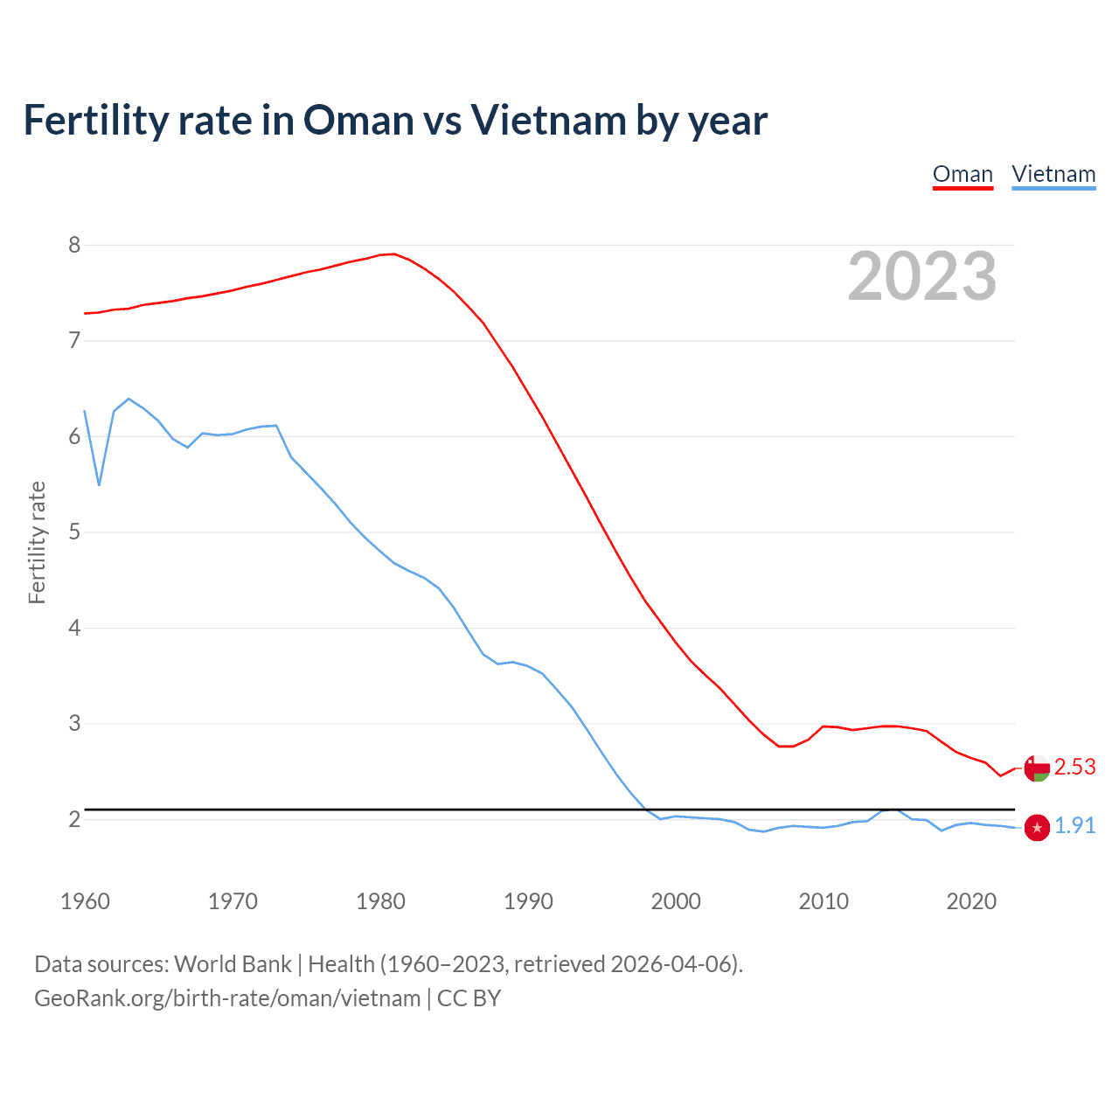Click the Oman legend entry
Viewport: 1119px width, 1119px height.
click(963, 174)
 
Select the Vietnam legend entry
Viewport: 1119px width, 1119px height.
click(1053, 174)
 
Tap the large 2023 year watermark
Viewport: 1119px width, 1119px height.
click(921, 276)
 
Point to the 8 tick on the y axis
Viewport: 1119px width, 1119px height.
click(74, 245)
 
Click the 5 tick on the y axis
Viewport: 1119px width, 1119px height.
click(74, 532)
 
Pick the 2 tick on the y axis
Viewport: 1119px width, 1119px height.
click(74, 819)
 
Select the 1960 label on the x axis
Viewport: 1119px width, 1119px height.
click(85, 901)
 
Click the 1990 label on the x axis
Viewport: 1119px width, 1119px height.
click(528, 901)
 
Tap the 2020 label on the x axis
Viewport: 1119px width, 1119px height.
click(971, 901)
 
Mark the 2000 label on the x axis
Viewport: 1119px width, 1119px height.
click(676, 901)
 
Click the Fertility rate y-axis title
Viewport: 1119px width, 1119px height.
click(37, 542)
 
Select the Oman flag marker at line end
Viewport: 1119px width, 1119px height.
click(1037, 768)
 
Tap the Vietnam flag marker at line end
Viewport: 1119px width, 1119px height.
click(1037, 827)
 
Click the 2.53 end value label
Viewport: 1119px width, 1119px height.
click(1074, 767)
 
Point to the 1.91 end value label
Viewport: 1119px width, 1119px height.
click(1074, 826)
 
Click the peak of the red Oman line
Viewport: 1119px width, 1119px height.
click(393, 254)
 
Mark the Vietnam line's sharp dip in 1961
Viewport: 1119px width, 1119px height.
click(99, 484)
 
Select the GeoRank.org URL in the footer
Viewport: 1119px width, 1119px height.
click(227, 998)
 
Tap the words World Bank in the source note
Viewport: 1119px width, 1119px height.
click(233, 964)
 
